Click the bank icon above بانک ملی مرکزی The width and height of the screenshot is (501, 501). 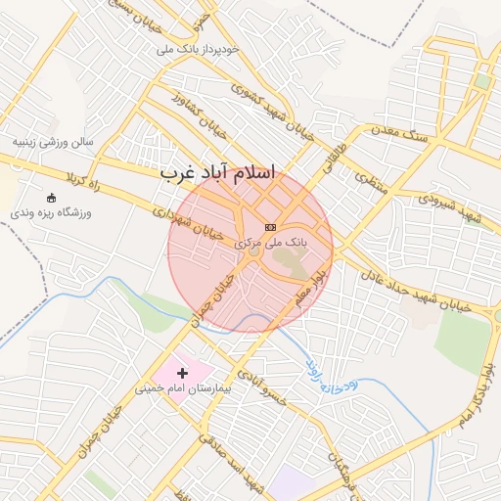[x=271, y=227]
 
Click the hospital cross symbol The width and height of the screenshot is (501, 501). [x=182, y=373]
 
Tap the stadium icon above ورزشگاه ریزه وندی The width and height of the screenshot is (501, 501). [x=51, y=198]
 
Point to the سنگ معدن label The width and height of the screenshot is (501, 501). [x=400, y=137]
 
